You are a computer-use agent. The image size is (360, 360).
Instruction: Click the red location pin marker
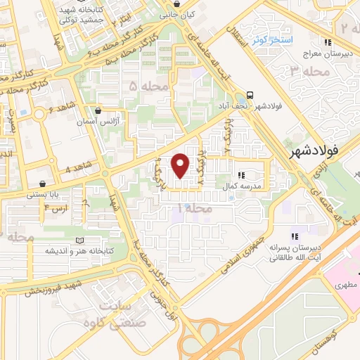(x=181, y=165)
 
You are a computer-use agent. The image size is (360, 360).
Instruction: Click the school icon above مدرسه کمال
(x=242, y=176)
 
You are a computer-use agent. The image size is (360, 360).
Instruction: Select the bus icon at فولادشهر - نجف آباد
(x=250, y=95)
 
